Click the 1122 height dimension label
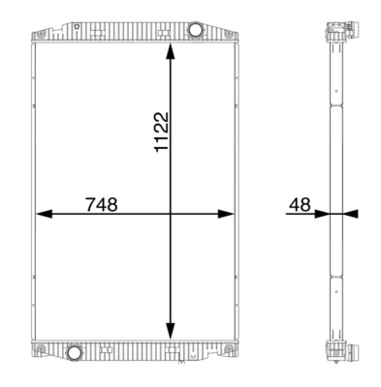[x=161, y=132]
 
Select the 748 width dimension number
[x=102, y=204]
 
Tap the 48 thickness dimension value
[x=300, y=204]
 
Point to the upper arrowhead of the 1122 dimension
[x=171, y=50]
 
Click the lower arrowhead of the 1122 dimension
[x=171, y=331]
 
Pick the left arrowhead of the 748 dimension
[x=44, y=214]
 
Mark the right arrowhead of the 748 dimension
[x=226, y=214]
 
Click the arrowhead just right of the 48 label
[x=322, y=214]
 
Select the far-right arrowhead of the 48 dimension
[x=351, y=214]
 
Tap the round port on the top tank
[x=195, y=30]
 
